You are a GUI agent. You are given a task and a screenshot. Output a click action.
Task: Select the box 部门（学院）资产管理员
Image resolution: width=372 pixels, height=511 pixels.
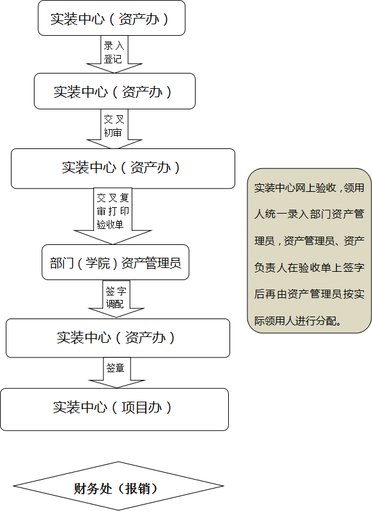point(115,262)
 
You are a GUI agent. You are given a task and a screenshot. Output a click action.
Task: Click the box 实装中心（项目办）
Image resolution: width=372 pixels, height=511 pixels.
point(114,409)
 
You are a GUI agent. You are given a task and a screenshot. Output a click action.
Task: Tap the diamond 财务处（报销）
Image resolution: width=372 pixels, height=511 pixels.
point(118,486)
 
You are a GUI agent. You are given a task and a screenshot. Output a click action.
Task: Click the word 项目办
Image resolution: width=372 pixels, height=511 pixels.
point(142,407)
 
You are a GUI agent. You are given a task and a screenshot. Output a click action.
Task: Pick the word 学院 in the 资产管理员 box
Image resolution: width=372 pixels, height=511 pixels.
point(98,263)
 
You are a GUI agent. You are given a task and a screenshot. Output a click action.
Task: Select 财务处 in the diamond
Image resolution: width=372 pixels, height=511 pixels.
point(93,489)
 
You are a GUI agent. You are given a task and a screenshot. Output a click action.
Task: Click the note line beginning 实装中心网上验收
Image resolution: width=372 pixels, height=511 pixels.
point(309,188)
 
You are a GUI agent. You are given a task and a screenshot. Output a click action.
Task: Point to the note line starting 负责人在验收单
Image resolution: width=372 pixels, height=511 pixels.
point(309,267)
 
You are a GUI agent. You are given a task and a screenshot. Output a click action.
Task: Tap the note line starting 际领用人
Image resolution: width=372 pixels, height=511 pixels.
point(298,321)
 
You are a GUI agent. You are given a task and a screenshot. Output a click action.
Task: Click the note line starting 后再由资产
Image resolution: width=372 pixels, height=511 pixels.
point(309,294)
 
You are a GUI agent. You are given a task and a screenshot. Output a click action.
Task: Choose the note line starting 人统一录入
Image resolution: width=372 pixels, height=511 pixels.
point(309,214)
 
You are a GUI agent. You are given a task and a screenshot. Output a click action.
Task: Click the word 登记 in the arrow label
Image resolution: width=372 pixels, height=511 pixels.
point(112,59)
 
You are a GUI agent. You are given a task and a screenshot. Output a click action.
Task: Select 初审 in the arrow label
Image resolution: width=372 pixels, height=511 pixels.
point(112,132)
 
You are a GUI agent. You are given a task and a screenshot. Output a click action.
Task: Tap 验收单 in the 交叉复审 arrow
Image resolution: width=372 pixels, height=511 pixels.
point(110,224)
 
